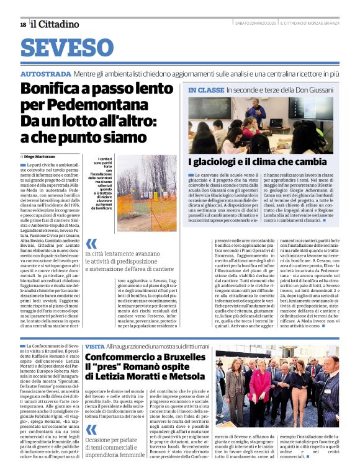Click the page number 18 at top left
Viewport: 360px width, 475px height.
pos(23,24)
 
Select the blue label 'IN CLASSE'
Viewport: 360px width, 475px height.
pos(206,90)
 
